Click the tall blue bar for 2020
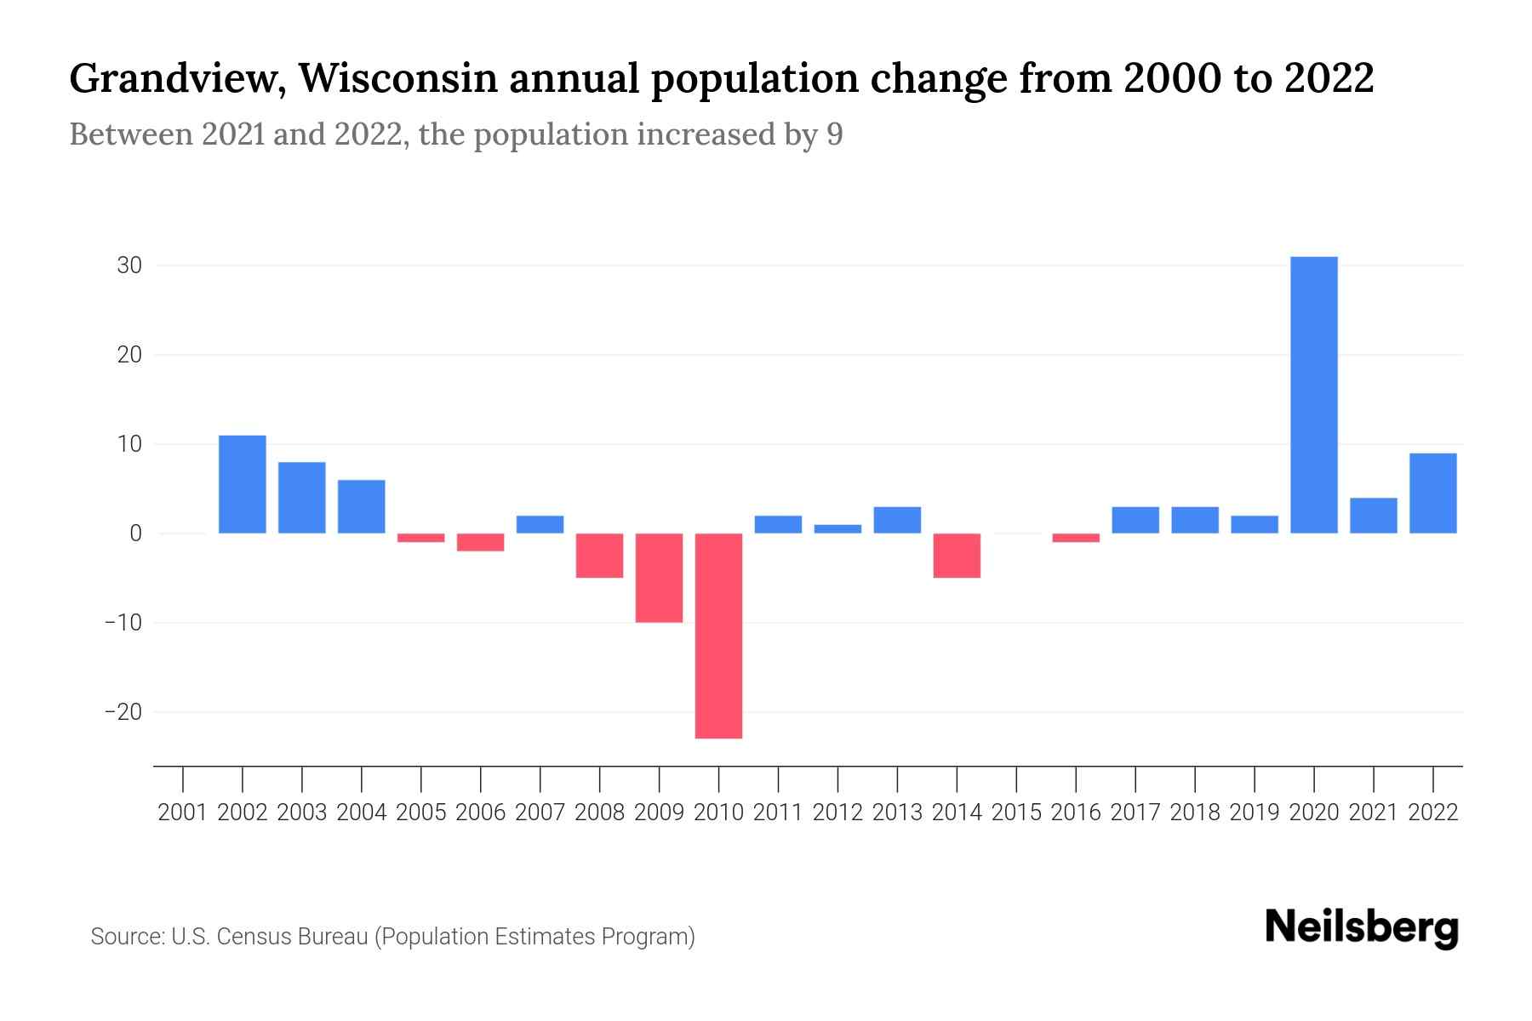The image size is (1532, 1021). tap(1314, 395)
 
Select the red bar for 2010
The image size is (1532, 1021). tap(719, 636)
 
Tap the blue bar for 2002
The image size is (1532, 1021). tap(243, 484)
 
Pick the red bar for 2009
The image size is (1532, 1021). tap(660, 578)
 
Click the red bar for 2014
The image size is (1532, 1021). tap(957, 556)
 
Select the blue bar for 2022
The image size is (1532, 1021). tap(1433, 493)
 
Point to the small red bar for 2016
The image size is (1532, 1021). tap(1076, 538)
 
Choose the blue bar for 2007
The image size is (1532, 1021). tap(540, 524)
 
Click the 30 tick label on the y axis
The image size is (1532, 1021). tap(129, 265)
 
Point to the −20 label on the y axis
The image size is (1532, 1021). tap(123, 712)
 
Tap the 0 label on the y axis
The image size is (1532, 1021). tap(135, 533)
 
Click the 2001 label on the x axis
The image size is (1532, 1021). tap(183, 813)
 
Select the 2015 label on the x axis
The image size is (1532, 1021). tap(1016, 813)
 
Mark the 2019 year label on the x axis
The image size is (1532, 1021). tap(1255, 813)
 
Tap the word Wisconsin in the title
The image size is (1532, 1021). tap(397, 78)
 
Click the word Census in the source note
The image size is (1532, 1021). tap(251, 937)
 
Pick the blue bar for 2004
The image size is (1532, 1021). tap(362, 506)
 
